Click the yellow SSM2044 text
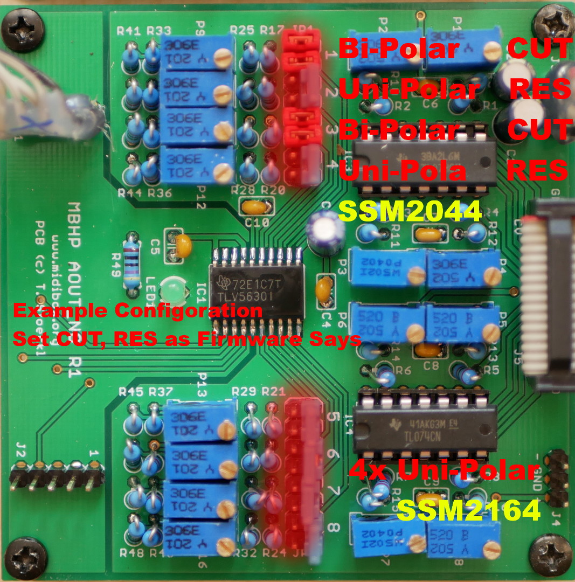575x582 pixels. [409, 212]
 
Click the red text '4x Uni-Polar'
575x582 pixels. [441, 470]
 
